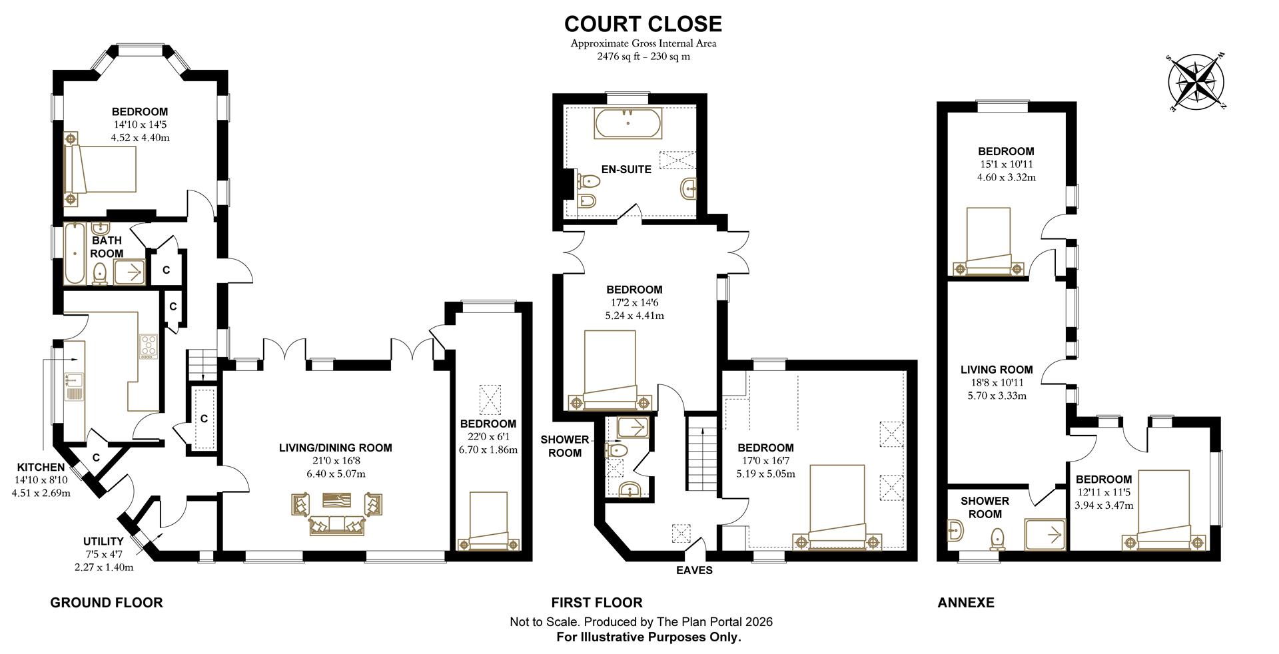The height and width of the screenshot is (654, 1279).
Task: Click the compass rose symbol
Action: [x=1197, y=83]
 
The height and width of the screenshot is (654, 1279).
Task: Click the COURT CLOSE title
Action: [x=643, y=24]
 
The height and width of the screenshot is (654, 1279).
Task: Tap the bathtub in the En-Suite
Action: [x=628, y=123]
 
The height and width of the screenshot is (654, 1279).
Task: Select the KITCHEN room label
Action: [x=41, y=467]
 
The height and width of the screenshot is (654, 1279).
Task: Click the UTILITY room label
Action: [x=103, y=541]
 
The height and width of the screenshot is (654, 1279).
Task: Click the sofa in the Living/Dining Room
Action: [x=336, y=525]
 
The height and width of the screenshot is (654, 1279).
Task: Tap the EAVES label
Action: [x=694, y=570]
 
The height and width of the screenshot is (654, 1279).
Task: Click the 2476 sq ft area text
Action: [x=643, y=57]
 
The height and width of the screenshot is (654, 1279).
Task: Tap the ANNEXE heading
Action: [x=965, y=603]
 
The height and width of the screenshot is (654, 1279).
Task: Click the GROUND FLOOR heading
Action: [x=107, y=603]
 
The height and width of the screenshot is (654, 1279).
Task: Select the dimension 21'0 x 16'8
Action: [x=335, y=461]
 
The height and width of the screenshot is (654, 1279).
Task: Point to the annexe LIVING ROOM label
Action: [x=997, y=370]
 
